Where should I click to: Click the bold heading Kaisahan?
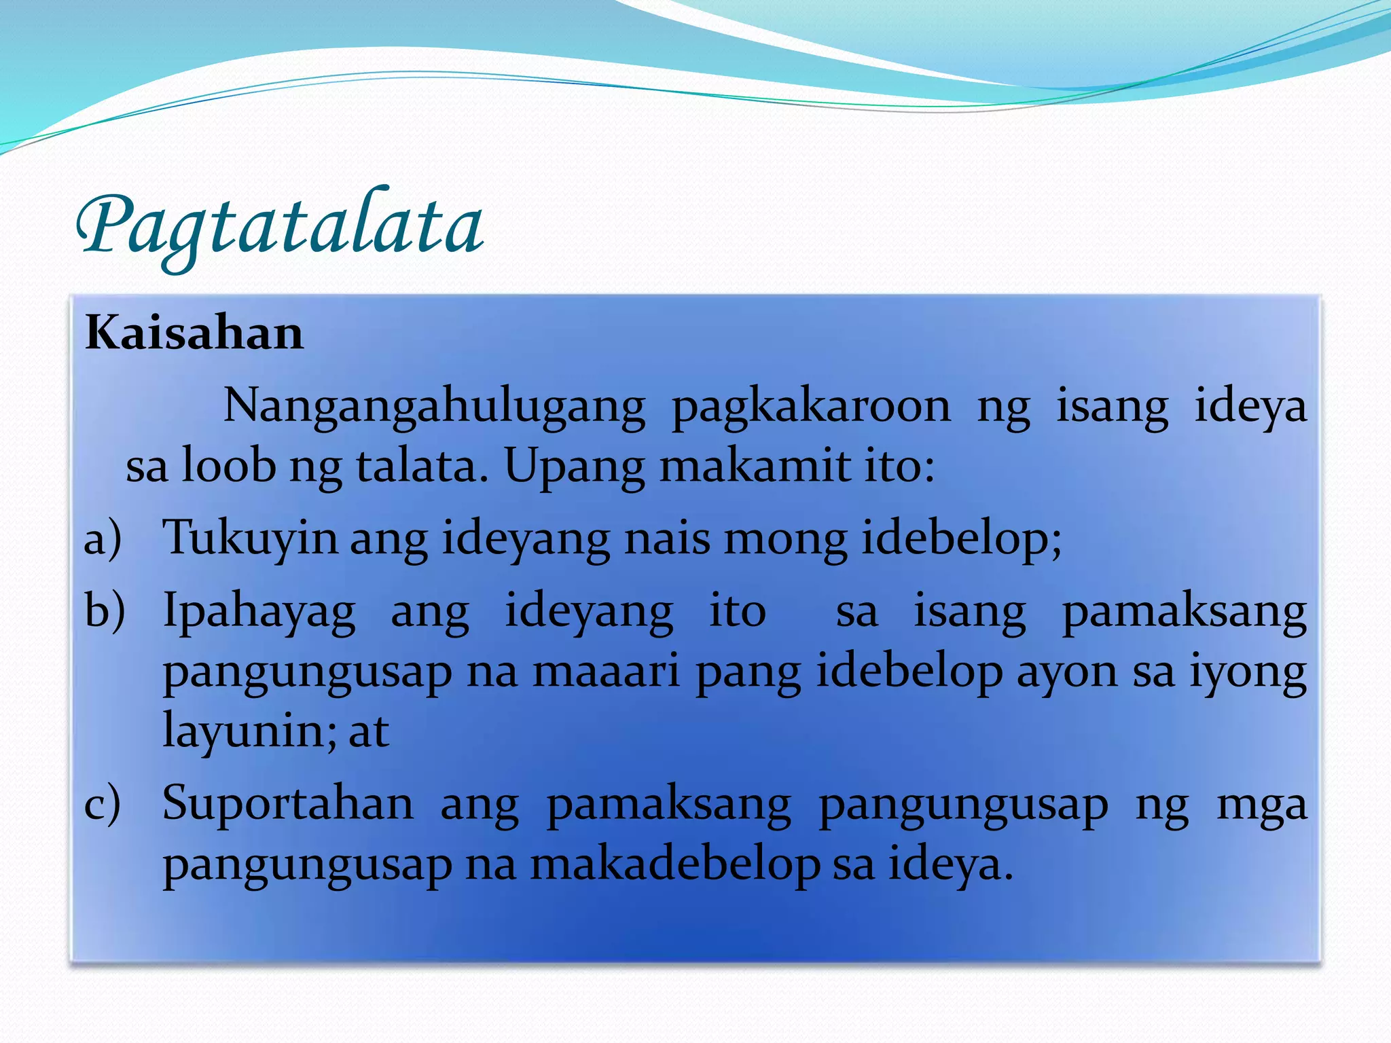(194, 334)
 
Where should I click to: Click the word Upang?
(574, 468)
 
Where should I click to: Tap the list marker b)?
(105, 610)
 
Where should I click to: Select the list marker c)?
(103, 804)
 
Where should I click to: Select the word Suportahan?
(288, 804)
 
